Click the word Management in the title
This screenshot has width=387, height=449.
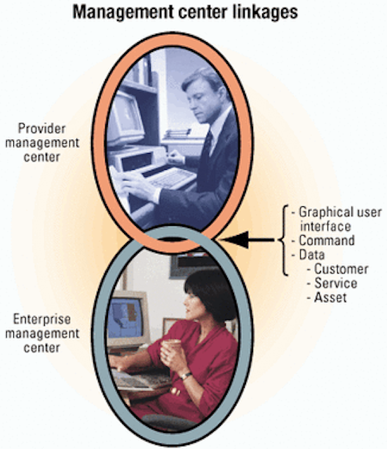(123, 13)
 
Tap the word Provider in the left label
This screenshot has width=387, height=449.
(42, 128)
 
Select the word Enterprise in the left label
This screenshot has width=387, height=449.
(42, 319)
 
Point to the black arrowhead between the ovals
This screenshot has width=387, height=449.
(234, 240)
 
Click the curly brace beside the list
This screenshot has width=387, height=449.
(283, 240)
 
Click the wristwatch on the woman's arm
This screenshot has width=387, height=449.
(186, 375)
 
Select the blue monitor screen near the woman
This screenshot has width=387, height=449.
(125, 318)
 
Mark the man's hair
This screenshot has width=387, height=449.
(204, 78)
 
